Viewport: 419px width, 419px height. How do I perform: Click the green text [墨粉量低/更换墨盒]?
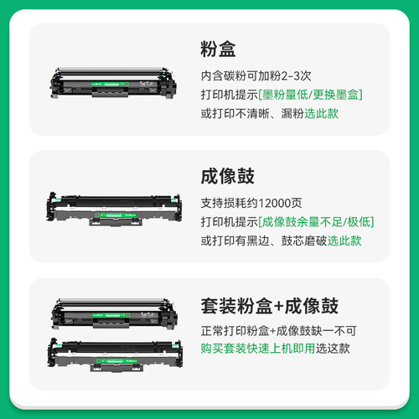(x=311, y=93)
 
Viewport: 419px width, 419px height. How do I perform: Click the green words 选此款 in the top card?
(x=321, y=113)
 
